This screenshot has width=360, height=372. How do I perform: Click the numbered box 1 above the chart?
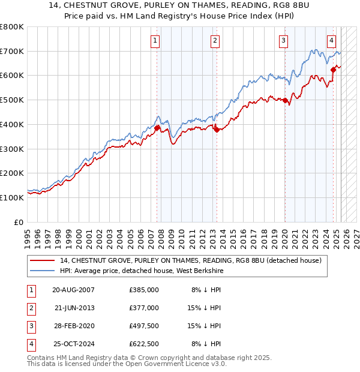coord(155,41)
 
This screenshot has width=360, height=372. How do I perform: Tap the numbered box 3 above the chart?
coord(283,41)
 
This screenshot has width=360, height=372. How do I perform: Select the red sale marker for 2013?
coord(217,130)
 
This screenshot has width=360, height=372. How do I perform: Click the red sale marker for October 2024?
coord(333,70)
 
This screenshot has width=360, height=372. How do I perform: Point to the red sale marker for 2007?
coord(157,128)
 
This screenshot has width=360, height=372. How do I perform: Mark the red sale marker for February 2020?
coord(285,100)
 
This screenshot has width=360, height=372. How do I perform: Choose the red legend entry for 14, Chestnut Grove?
coord(191,260)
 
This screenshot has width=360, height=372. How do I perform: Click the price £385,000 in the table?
coord(144,290)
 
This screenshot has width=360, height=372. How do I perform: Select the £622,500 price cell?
coord(144,344)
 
